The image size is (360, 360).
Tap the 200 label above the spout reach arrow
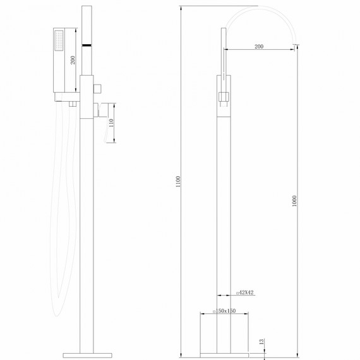(x=259, y=47)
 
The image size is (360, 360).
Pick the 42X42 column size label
(x=245, y=292)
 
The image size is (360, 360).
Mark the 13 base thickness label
(x=261, y=342)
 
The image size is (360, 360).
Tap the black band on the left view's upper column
(x=87, y=46)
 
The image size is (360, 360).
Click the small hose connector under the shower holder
(x=73, y=103)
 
